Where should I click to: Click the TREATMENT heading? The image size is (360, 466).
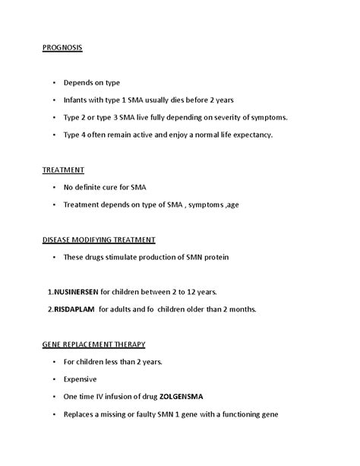pyautogui.click(x=63, y=170)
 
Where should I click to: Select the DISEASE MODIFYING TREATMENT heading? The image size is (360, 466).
pyautogui.click(x=99, y=239)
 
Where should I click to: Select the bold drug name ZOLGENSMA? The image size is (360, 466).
pyautogui.click(x=182, y=397)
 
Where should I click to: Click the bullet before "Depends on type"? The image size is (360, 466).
pyautogui.click(x=55, y=83)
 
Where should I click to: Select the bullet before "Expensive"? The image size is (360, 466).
pyautogui.click(x=55, y=379)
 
